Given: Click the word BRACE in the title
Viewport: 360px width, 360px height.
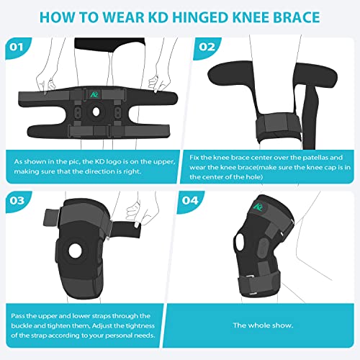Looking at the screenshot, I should (323, 17).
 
